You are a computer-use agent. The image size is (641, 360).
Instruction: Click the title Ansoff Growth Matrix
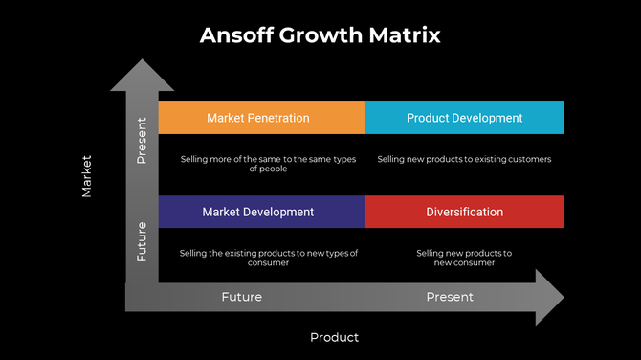pyautogui.click(x=320, y=35)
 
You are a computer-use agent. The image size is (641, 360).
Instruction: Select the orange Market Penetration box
pyautogui.click(x=261, y=118)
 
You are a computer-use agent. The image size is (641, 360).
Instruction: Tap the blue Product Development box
pyautogui.click(x=464, y=118)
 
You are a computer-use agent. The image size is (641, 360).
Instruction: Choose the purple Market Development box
pyautogui.click(x=261, y=212)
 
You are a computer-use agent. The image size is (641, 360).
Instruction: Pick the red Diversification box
pyautogui.click(x=464, y=212)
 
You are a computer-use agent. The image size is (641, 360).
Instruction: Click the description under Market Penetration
pyautogui.click(x=268, y=164)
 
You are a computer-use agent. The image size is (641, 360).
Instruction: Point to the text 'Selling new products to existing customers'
pyautogui.click(x=464, y=159)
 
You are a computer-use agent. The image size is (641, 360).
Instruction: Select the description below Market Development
pyautogui.click(x=268, y=258)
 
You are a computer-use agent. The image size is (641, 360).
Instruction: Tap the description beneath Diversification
pyautogui.click(x=464, y=258)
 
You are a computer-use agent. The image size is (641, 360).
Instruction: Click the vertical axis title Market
pyautogui.click(x=87, y=176)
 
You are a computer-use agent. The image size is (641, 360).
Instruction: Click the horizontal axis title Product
pyautogui.click(x=334, y=337)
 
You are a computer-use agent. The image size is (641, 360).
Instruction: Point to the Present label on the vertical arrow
pyautogui.click(x=142, y=140)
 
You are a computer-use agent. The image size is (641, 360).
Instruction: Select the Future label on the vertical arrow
pyautogui.click(x=142, y=241)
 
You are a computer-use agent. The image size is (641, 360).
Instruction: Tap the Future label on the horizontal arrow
pyautogui.click(x=241, y=297)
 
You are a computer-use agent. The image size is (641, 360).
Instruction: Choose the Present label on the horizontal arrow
pyautogui.click(x=450, y=297)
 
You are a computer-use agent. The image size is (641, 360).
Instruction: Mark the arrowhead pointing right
pyautogui.click(x=549, y=297)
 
